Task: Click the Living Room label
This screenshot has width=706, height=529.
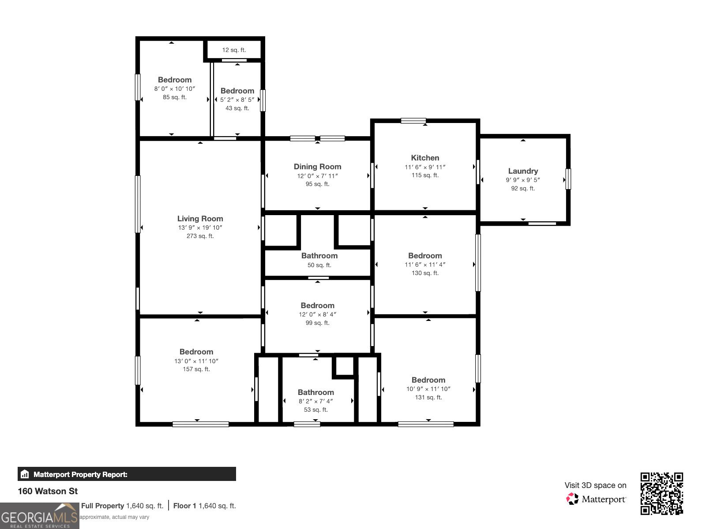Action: point(200,219)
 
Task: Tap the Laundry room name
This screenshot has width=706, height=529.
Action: point(523,171)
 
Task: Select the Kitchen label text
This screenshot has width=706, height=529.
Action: point(425,158)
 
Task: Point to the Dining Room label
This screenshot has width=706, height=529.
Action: point(317,167)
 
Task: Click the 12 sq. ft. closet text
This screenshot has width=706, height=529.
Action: point(234,50)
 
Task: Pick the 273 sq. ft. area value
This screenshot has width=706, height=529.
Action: point(200,236)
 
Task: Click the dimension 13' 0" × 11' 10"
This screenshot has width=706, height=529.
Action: point(196,361)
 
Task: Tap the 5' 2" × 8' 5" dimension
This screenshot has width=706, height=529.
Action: point(237,100)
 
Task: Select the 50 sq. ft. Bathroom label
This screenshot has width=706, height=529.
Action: point(319,256)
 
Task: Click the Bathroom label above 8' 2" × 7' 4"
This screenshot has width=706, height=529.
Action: point(315,392)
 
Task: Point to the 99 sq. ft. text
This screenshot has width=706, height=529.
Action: point(317,323)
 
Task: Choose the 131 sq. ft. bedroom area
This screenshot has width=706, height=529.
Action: point(428,398)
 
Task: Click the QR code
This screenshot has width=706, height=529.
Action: point(661,493)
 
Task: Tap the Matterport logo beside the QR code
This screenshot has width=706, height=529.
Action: point(596,499)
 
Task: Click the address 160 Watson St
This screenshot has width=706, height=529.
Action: point(48,491)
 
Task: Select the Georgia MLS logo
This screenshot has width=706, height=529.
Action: point(40,516)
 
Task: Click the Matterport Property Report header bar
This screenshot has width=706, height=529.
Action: point(127,474)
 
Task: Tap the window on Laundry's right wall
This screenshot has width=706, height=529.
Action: point(568,179)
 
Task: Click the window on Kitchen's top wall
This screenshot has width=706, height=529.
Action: point(413,121)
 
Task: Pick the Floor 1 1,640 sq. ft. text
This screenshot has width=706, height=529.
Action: point(204,506)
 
